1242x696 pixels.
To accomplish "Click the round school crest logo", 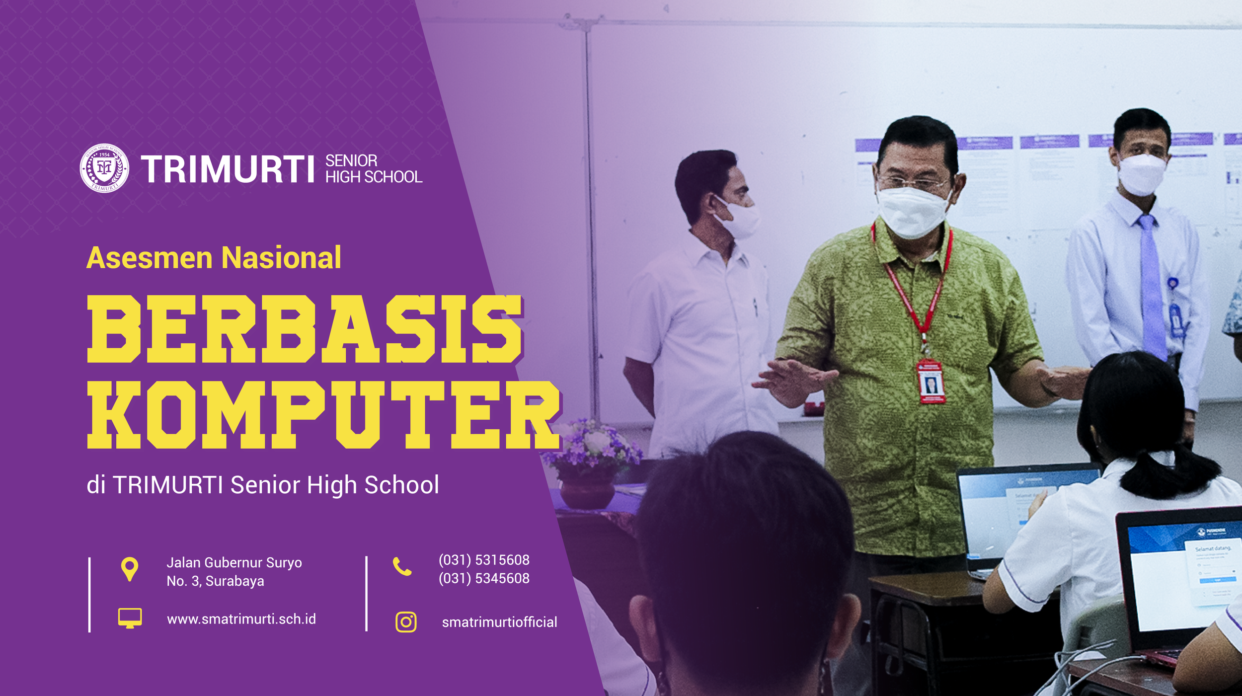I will pos(104,168).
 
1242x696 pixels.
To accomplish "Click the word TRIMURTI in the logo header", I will pos(228,169).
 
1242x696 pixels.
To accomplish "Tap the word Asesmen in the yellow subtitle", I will pos(150,258).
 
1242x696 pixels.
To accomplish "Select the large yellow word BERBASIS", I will pos(305,328).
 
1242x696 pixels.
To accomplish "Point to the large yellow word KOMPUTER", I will pos(323,415).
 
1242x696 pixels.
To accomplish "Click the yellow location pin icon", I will pos(130,568).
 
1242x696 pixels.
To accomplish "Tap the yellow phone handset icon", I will pos(402,566).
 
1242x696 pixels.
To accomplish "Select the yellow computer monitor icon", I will pos(130,618).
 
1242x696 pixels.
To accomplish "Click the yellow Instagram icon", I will pos(406,622).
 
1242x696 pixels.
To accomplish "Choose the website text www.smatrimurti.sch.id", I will pos(241,619).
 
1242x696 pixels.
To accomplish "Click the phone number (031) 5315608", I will pos(484,560).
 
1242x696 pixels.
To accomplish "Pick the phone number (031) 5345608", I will pos(484,578).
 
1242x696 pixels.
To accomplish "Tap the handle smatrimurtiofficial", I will pos(499,622).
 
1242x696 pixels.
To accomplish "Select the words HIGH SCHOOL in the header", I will pos(374,177).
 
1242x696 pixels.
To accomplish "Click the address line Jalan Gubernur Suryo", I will pos(234,562).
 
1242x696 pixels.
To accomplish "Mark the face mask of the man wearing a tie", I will pos(1141,174).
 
